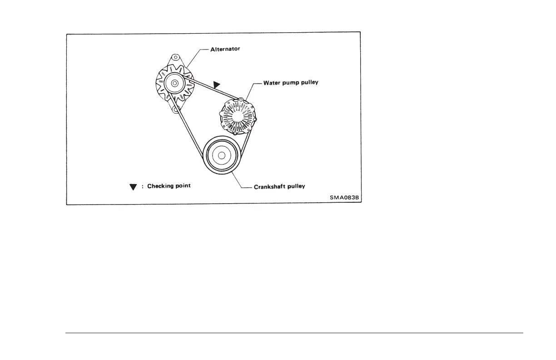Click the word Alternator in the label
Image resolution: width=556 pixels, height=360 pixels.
tap(225, 49)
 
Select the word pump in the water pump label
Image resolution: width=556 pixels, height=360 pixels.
tap(293, 84)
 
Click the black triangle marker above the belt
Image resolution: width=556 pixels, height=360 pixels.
tap(218, 84)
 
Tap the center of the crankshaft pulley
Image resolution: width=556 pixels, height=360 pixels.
tap(222, 155)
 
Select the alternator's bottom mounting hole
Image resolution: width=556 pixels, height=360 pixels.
tap(174, 109)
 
